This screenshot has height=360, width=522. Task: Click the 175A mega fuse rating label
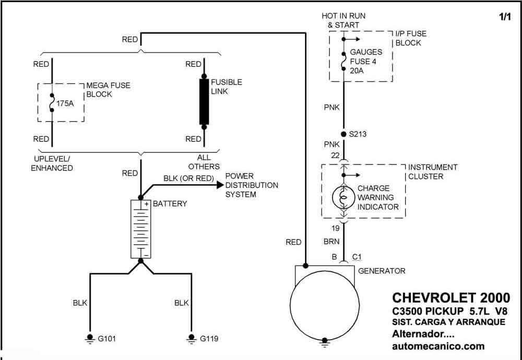tap(65, 103)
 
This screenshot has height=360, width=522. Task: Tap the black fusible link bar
tap(204, 102)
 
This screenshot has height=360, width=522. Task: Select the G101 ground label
tap(107, 339)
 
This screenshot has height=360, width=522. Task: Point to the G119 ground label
tap(209, 339)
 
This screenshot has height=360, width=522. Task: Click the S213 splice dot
tap(343, 135)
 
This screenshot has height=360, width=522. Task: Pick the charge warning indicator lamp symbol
tap(343, 198)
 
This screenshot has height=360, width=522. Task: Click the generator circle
tap(325, 305)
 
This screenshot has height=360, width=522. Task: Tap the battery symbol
tap(141, 229)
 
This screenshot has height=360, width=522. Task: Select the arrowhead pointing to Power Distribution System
tap(220, 185)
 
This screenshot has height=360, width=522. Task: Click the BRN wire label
tap(331, 242)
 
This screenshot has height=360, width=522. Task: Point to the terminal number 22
tap(335, 155)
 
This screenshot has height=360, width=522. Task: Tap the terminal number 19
tap(335, 228)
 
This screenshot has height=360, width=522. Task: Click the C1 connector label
tap(357, 257)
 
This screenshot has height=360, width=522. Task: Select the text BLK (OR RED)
tap(188, 178)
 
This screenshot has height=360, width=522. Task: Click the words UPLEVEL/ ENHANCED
tap(52, 163)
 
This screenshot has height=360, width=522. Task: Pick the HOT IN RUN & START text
tap(343, 20)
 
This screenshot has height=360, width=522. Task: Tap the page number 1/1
tap(505, 17)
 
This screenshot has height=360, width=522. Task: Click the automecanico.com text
tap(438, 346)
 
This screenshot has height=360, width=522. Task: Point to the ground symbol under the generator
tap(325, 343)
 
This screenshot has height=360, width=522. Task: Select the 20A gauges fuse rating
tap(357, 70)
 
